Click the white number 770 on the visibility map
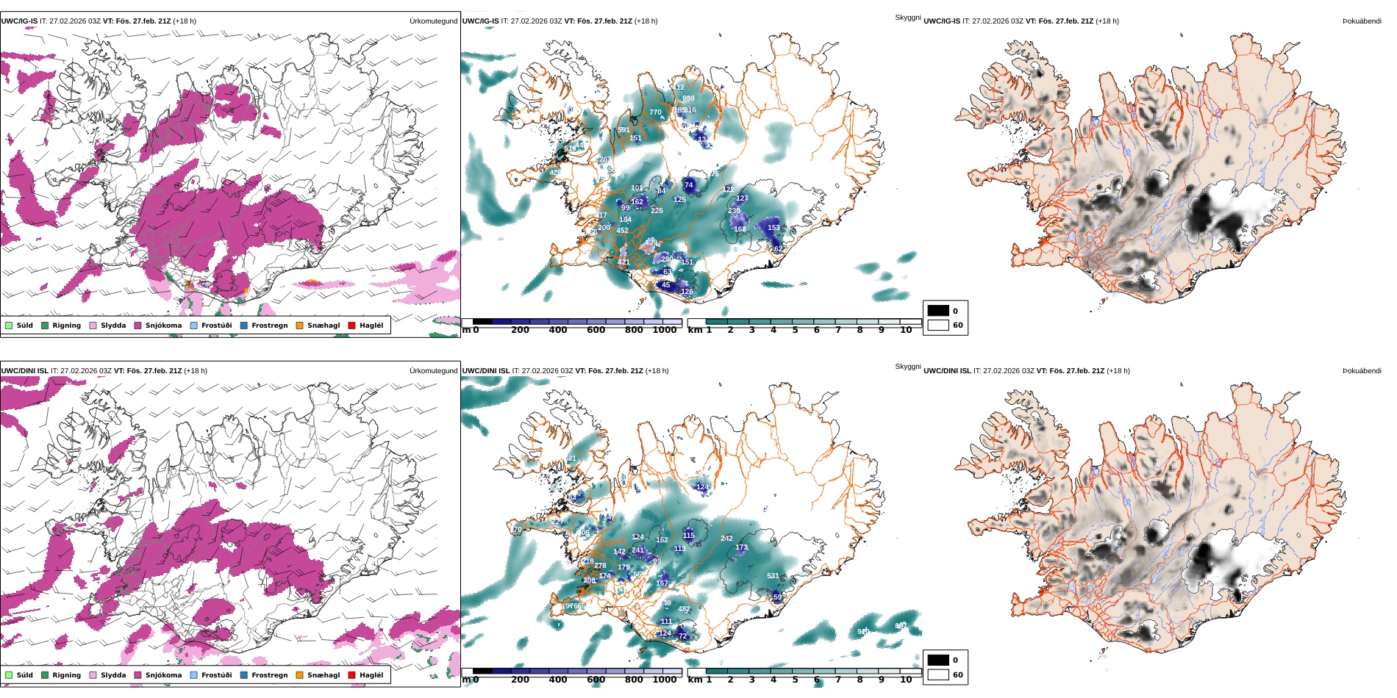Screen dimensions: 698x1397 (655, 112)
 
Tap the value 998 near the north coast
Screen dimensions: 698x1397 (688, 98)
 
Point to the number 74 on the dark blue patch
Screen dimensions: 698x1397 (689, 185)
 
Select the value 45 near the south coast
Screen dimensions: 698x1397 (666, 285)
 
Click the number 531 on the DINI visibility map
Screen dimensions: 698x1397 (773, 576)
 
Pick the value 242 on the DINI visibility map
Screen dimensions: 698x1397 (726, 539)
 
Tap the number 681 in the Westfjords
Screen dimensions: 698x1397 (571, 458)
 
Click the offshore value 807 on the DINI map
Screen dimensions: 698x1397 (900, 626)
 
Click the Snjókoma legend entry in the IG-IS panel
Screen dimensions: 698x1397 (157, 325)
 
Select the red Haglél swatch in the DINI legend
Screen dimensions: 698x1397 (351, 675)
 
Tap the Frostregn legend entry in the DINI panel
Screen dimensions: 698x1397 (263, 675)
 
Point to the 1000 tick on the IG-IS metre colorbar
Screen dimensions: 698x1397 (664, 330)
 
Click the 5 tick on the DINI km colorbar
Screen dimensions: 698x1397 (795, 680)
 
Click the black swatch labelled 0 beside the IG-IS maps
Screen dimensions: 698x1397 (938, 311)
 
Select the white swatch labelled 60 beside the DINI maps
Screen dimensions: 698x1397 (938, 674)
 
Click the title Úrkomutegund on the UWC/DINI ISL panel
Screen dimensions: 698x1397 (433, 371)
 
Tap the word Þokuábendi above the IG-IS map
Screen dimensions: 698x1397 (1362, 21)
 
